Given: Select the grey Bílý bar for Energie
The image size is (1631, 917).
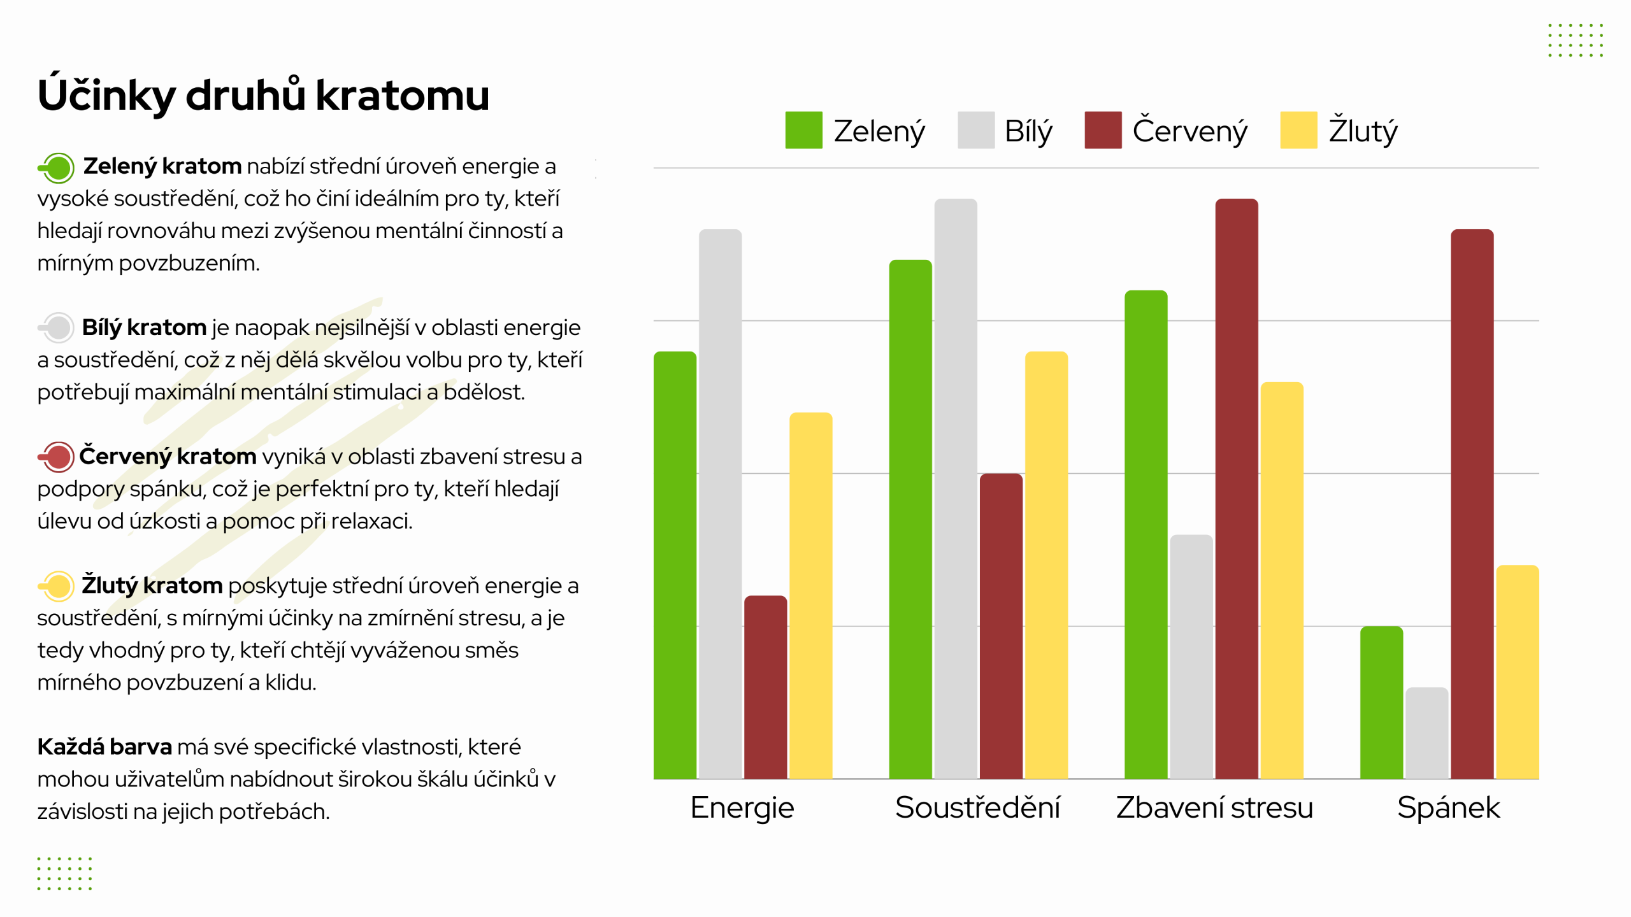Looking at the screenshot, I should pos(720,504).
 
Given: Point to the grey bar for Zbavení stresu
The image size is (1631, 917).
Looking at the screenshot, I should pos(1191,657).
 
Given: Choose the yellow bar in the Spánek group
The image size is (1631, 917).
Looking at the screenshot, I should pos(1517,672).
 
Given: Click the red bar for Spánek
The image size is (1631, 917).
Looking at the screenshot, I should pos(1472,504).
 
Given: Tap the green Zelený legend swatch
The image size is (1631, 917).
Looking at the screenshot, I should pos(803,130).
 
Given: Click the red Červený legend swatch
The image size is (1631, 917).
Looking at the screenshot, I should pos(1103,130).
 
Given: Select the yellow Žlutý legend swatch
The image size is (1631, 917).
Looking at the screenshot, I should pos(1298,130).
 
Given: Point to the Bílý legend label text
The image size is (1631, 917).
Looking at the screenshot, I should pos(1028,131).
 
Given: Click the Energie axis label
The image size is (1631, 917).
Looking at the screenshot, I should pos(742,807).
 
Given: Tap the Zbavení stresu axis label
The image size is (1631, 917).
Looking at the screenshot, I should pos(1214,807).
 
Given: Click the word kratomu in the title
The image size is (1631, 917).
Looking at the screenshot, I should pos(402,96).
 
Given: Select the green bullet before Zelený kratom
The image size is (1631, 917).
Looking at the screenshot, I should pos(58,168).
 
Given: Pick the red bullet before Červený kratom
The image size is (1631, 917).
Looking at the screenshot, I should pos(57,457).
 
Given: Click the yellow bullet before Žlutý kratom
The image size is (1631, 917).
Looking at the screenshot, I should pos(58,586).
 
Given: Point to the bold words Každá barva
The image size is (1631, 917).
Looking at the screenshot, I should pos(104,746).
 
